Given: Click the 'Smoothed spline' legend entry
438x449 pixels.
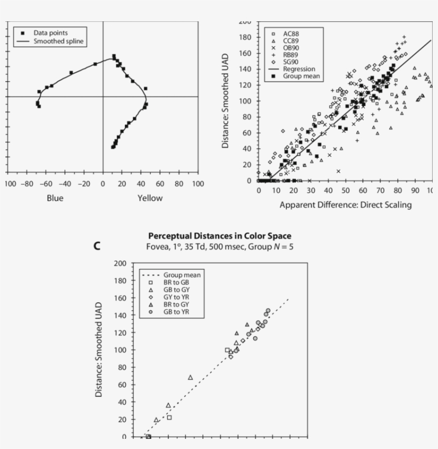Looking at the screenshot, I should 58,41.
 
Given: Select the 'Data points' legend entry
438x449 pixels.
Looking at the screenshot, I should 51,33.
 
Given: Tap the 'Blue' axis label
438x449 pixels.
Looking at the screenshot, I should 55,198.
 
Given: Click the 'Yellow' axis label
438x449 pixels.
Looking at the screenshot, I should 150,198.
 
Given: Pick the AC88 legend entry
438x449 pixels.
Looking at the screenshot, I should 291,33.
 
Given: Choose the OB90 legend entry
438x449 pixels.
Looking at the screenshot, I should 291,48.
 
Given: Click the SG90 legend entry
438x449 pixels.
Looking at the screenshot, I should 291,62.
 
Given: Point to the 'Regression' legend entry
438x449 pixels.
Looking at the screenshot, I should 299,69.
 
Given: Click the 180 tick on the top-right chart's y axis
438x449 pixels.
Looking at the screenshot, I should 246,37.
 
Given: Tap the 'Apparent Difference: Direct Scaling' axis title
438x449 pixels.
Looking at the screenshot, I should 346,205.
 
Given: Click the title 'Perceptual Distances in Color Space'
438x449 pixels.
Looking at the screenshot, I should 220,236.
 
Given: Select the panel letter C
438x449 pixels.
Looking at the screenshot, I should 97,246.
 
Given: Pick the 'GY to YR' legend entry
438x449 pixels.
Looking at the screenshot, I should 177,296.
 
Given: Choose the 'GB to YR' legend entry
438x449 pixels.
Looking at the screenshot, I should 177,311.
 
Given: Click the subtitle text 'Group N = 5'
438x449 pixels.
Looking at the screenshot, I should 271,246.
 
